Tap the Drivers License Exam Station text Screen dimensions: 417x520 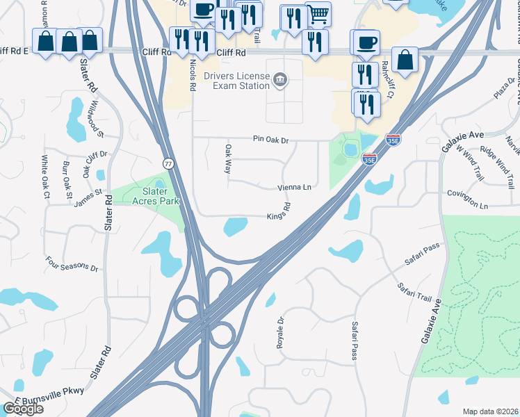pyautogui.click(x=236, y=81)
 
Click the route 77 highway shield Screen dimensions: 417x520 pyautogui.click(x=168, y=163)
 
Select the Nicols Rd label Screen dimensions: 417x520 pyautogui.click(x=193, y=75)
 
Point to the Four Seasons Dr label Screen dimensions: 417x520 pyautogui.click(x=72, y=264)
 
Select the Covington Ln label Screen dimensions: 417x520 pyautogui.click(x=468, y=199)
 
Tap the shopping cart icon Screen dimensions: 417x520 pyautogui.click(x=318, y=13)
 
